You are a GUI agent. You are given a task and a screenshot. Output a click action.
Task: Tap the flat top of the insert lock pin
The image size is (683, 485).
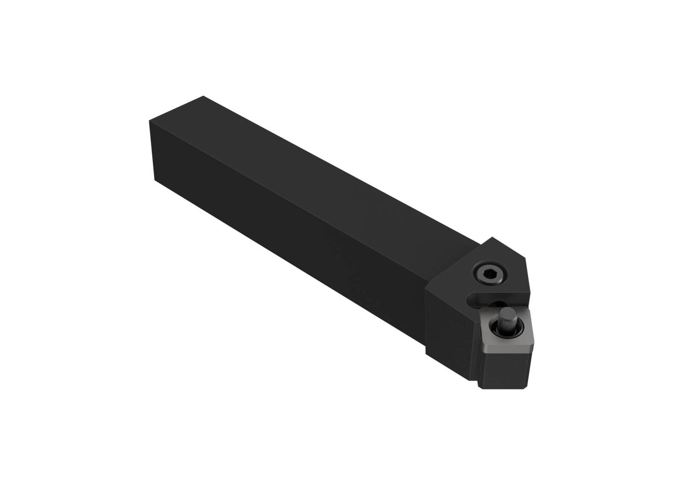coord(506,313)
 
